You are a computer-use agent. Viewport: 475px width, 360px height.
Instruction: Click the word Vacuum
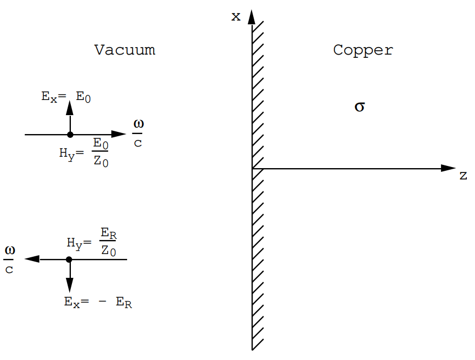coord(124,50)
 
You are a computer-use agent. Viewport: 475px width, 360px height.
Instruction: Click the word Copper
coord(363,50)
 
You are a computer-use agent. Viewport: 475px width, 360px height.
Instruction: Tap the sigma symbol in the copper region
coord(359,106)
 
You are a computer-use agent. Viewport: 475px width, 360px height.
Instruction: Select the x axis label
coord(236,16)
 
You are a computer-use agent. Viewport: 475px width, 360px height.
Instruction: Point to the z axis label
coord(463,176)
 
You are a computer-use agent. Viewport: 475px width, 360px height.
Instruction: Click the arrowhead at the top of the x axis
coord(252,17)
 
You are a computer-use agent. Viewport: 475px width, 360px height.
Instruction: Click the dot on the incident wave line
coord(70,135)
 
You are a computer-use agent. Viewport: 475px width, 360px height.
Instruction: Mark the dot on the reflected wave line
coord(69,259)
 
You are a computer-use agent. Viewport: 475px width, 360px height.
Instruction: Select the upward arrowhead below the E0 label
coord(70,107)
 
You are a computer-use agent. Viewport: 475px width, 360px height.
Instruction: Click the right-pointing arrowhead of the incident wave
coord(118,135)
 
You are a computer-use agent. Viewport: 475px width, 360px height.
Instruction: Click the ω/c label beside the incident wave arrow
coord(138,134)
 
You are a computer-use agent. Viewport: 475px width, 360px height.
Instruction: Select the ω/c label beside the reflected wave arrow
coord(10,259)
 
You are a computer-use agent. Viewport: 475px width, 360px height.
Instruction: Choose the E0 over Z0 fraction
coord(101,152)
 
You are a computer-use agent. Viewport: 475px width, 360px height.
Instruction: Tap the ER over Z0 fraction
coord(109,242)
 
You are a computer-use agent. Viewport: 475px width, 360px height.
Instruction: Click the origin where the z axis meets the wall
coord(252,169)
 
